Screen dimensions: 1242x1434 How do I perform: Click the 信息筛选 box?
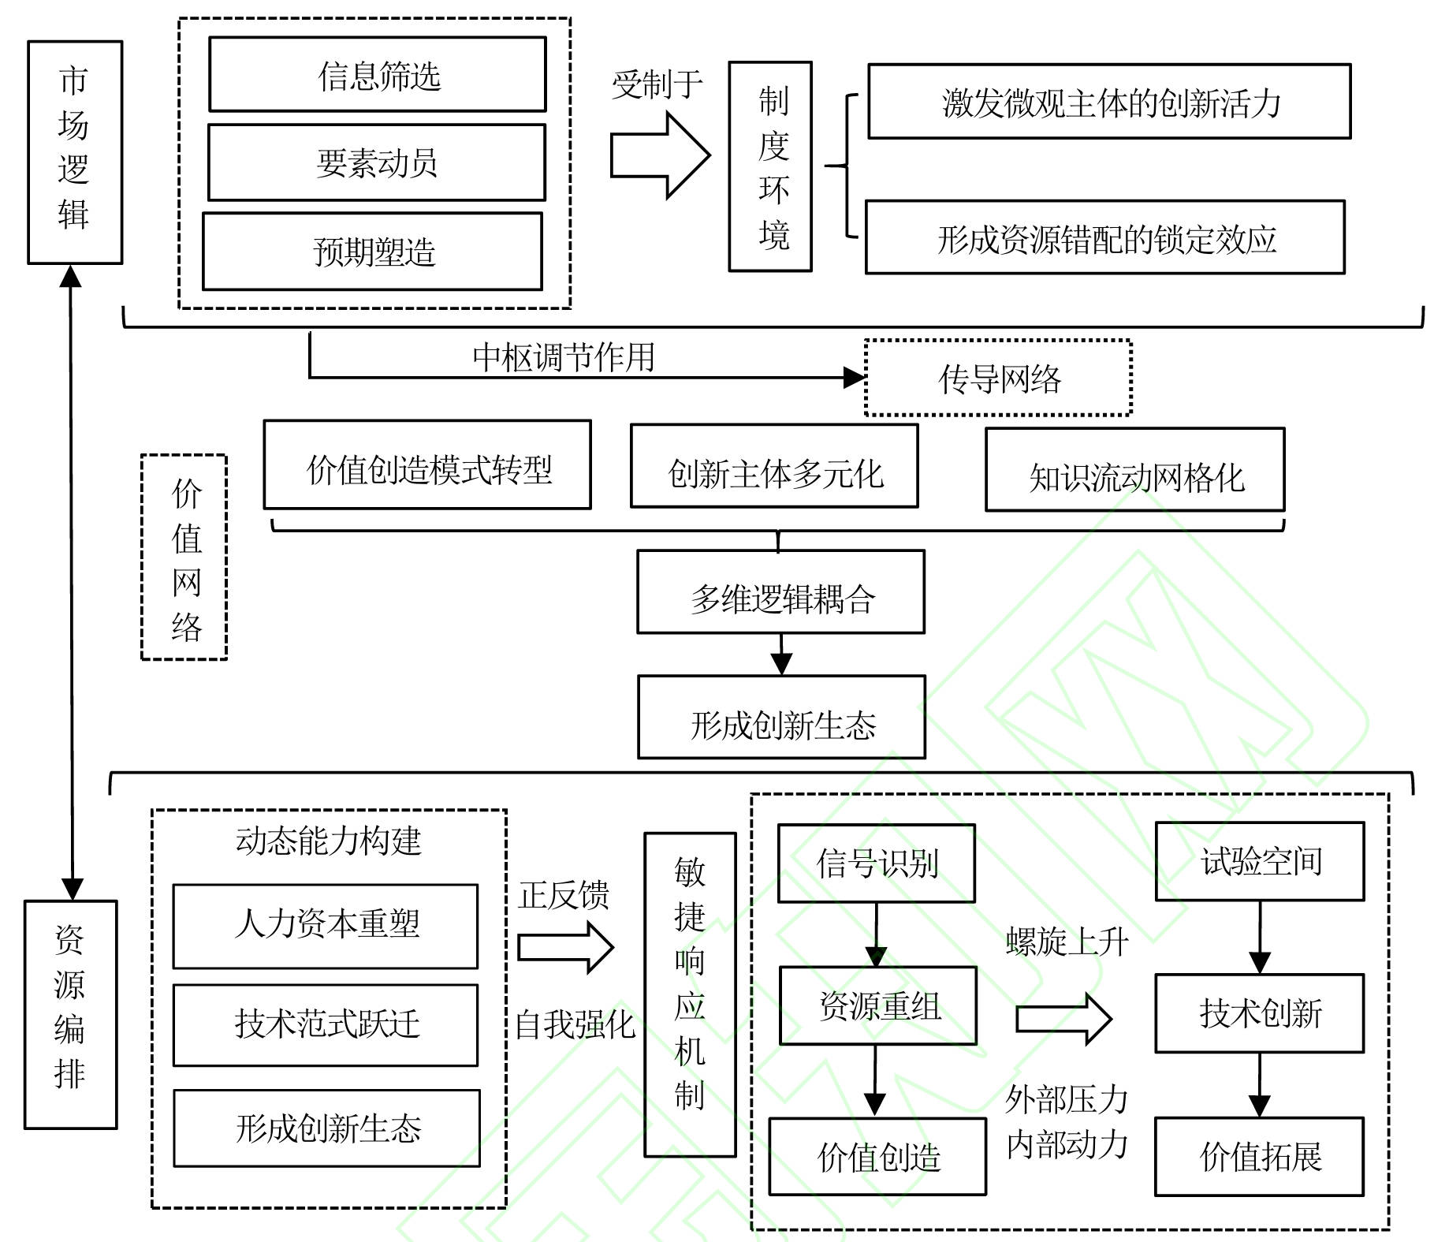pyautogui.click(x=377, y=75)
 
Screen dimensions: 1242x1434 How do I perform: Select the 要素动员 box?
pyautogui.click(x=376, y=162)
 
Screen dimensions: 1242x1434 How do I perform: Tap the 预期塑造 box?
pyautogui.click(x=372, y=252)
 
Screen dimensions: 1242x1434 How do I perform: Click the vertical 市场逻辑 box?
pyautogui.click(x=75, y=151)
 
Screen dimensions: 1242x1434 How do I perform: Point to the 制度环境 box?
pyautogui.click(x=770, y=166)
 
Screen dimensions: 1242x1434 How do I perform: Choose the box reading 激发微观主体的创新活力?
pyautogui.click(x=1109, y=102)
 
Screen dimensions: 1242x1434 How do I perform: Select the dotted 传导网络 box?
pyautogui.click(x=998, y=379)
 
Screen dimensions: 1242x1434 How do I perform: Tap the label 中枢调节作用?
pyautogui.click(x=564, y=356)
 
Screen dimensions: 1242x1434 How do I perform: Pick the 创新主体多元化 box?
pyautogui.click(x=774, y=467)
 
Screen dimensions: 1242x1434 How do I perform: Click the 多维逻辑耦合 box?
pyautogui.click(x=780, y=592)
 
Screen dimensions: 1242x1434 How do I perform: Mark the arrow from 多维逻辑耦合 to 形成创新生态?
pyautogui.click(x=781, y=654)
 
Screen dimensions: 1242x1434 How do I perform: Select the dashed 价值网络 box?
pyautogui.click(x=184, y=557)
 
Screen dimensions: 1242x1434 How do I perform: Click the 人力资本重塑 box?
pyautogui.click(x=326, y=926)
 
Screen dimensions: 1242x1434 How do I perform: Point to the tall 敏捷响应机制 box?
pyautogui.click(x=690, y=994)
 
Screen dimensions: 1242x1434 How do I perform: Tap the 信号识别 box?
pyautogui.click(x=877, y=863)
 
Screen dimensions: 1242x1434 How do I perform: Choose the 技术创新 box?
pyautogui.click(x=1259, y=1013)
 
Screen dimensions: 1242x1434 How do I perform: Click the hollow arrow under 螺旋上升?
pyautogui.click(x=1063, y=1019)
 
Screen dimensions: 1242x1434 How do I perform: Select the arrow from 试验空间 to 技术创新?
pyautogui.click(x=1260, y=938)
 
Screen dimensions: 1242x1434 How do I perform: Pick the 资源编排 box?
pyautogui.click(x=71, y=1014)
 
